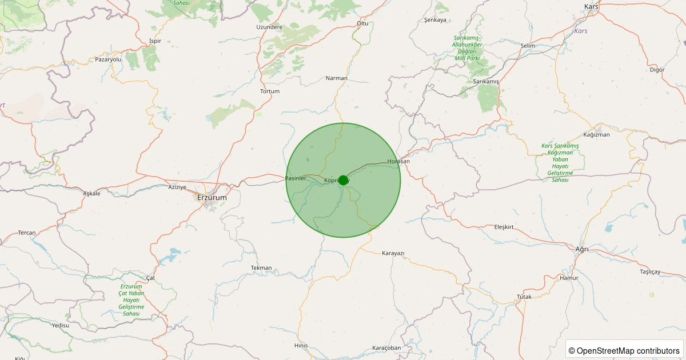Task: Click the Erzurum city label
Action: coord(212,198)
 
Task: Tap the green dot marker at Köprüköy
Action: coord(343,180)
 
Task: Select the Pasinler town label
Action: coord(296,179)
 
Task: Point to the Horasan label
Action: coord(398,161)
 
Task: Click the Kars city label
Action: coord(591,6)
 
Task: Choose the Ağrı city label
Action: coord(581,249)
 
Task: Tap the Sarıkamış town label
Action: coord(486,82)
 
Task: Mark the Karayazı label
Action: coord(393,253)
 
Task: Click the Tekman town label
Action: coord(261,267)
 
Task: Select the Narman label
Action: coord(336,78)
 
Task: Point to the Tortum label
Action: coord(270,91)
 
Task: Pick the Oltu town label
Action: coord(362,23)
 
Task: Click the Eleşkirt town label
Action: coord(504,227)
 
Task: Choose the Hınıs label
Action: coord(301,345)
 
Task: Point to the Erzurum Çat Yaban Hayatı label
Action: coord(131,300)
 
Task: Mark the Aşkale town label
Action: coord(91,193)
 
